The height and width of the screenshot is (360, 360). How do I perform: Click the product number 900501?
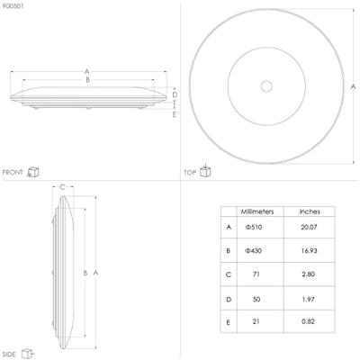pos(13,6)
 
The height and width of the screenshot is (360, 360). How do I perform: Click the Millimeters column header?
pos(257,211)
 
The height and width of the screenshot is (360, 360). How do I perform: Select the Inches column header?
pos(310,211)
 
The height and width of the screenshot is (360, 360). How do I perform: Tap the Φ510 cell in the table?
pos(254,227)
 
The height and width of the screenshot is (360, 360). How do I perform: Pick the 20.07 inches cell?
pos(309,227)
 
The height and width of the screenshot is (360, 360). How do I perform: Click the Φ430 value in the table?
pos(254,250)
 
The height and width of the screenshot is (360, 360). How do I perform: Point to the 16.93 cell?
pos(309,250)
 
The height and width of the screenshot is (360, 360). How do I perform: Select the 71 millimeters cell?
pos(256,274)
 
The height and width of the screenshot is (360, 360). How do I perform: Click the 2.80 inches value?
pos(309,274)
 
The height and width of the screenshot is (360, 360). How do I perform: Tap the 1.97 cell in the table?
pos(309,299)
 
